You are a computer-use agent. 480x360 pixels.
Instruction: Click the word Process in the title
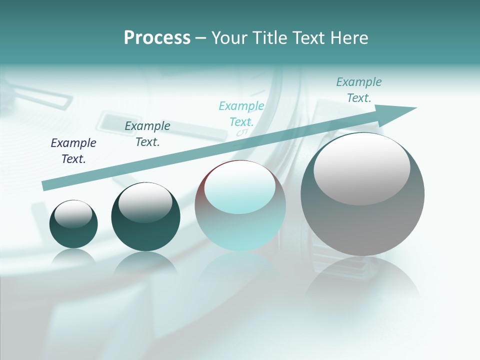pos(157,37)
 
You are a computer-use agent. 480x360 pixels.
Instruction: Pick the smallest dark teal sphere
pos(73,224)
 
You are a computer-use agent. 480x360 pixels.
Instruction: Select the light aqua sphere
pos(240,206)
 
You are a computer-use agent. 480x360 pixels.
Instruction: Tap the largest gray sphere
pos(362,195)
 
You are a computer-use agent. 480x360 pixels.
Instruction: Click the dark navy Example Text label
pos(73,151)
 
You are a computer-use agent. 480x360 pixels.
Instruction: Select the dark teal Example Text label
pos(147,134)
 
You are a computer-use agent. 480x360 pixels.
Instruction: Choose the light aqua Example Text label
pos(241,114)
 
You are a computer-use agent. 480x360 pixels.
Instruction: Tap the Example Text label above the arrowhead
pos(359,90)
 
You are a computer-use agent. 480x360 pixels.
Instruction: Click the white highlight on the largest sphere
pos(361,169)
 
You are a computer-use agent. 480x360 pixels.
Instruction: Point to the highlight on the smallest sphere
pos(73,214)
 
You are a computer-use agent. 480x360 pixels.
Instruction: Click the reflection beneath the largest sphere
pos(362,280)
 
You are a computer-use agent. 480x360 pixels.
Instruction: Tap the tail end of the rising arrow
pos(45,186)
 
